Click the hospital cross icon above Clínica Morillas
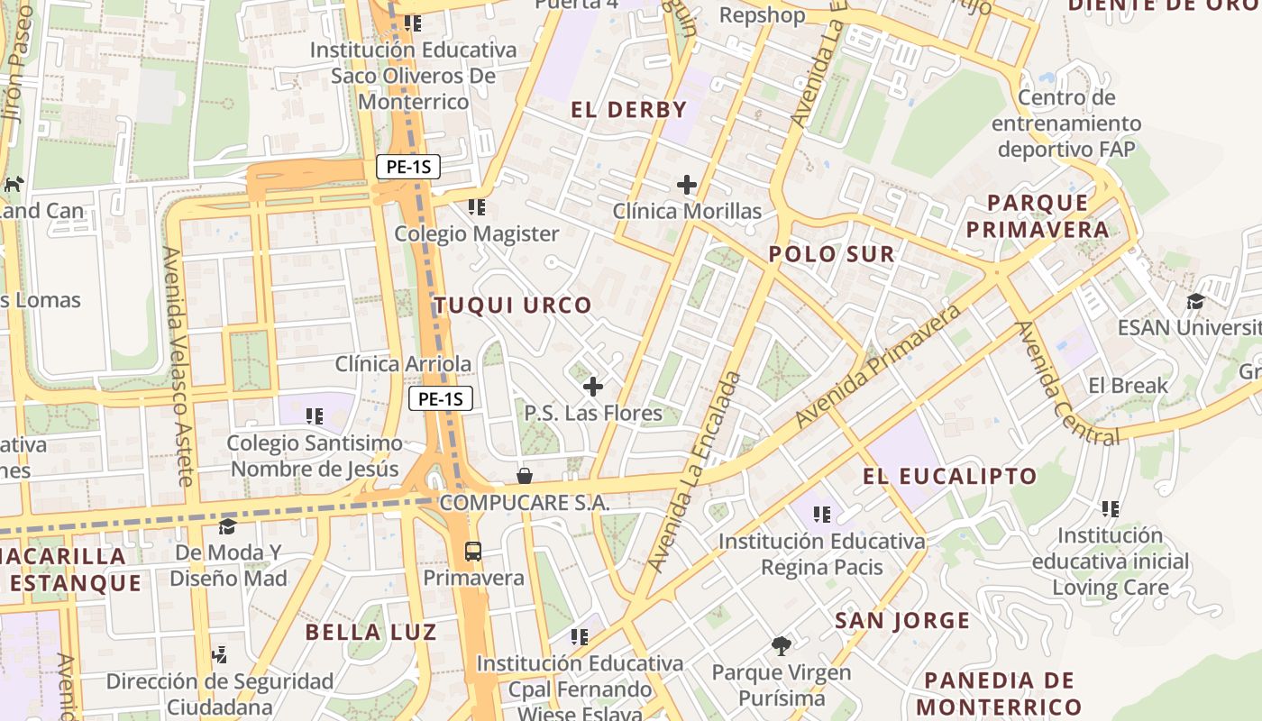(687, 186)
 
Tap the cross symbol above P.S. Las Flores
(593, 388)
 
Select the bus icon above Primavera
(473, 552)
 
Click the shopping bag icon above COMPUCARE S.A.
(525, 476)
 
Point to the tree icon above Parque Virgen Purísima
(782, 645)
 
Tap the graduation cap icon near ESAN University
(1196, 301)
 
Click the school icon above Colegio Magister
(477, 208)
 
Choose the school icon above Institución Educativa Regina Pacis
(821, 515)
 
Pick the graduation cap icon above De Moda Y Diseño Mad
(228, 526)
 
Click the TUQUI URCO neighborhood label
(513, 306)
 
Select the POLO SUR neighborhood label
(831, 254)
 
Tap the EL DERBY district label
(628, 110)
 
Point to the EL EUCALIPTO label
(950, 476)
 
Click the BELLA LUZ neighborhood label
(370, 632)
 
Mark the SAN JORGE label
(901, 620)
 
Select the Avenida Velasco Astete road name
(178, 366)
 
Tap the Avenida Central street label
(1066, 383)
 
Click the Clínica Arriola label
(403, 364)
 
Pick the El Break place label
(1128, 386)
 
